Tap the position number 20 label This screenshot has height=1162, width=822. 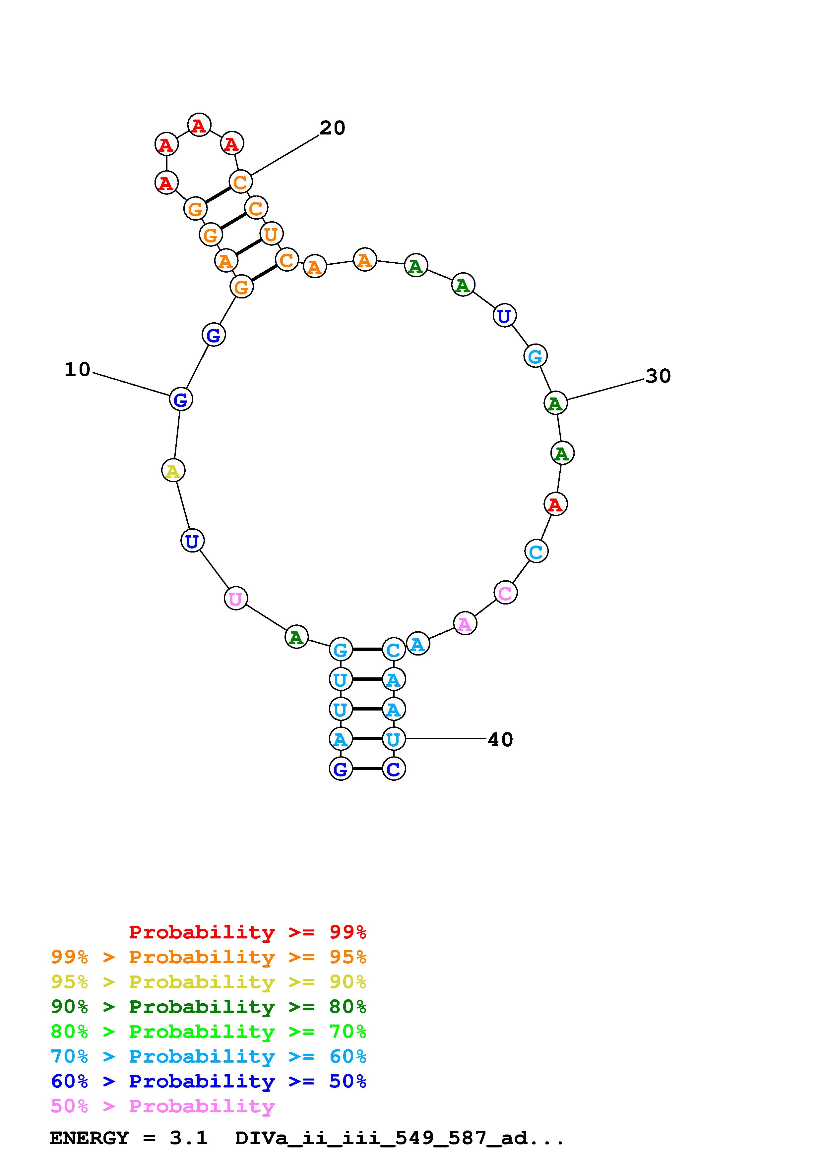pos(332,128)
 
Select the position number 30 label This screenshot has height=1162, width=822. pos(658,376)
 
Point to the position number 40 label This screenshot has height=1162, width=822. pos(500,740)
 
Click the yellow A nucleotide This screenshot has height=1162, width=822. pos(173,471)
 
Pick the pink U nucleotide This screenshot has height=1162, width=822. pos(235,599)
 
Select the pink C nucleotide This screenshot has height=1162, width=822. pos(505,593)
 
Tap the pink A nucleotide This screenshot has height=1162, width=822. pos(465,623)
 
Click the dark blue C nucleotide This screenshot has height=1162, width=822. pos(394,769)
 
